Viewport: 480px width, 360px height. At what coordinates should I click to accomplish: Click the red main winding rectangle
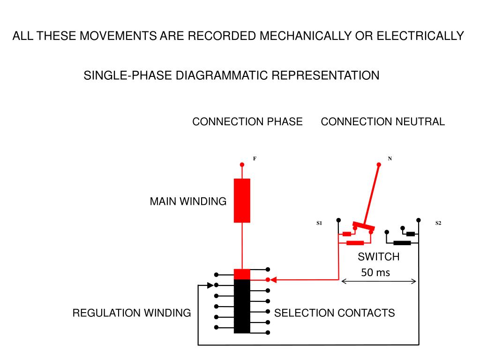pyautogui.click(x=242, y=201)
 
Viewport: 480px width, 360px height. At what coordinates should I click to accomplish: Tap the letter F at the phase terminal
pyautogui.click(x=255, y=158)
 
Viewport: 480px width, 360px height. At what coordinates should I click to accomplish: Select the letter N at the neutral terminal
pyautogui.click(x=390, y=158)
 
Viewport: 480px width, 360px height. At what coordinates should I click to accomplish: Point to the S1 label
pyautogui.click(x=319, y=223)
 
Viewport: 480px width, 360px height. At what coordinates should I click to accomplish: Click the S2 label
pyautogui.click(x=438, y=223)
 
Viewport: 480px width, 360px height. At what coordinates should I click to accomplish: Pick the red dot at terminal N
pyautogui.click(x=379, y=165)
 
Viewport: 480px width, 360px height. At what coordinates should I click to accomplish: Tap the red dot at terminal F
pyautogui.click(x=242, y=165)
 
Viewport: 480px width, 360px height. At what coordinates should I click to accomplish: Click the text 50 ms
pyautogui.click(x=375, y=272)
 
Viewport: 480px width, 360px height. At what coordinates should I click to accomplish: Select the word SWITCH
pyautogui.click(x=379, y=256)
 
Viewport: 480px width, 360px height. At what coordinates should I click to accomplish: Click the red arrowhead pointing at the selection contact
pyautogui.click(x=274, y=280)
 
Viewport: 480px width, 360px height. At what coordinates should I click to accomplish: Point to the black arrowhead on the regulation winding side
pyautogui.click(x=210, y=285)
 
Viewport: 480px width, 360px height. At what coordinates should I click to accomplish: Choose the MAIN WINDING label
pyautogui.click(x=188, y=202)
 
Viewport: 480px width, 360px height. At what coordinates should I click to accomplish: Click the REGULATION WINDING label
pyautogui.click(x=132, y=313)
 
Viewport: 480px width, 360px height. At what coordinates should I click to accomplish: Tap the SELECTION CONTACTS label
pyautogui.click(x=334, y=313)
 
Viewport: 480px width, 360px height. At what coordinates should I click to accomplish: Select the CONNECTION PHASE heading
pyautogui.click(x=247, y=121)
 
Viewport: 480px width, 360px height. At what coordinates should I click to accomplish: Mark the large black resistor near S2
pyautogui.click(x=402, y=243)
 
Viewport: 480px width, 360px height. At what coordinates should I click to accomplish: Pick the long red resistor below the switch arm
pyautogui.click(x=355, y=243)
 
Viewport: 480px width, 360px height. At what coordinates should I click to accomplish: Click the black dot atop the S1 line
pyautogui.click(x=338, y=220)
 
